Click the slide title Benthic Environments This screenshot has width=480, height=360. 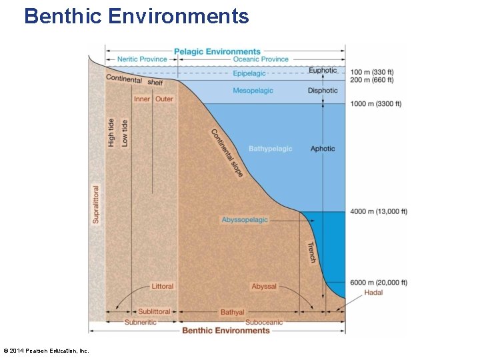136,15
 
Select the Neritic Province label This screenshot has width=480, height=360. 142,59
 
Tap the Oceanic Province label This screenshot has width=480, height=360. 261,59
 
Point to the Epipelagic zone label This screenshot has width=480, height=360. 249,73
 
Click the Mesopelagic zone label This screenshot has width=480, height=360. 253,91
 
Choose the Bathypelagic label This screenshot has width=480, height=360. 270,149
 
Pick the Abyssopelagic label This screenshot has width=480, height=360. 245,220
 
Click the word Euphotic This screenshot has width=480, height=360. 323,71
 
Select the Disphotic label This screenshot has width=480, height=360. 323,91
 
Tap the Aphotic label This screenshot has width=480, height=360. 323,149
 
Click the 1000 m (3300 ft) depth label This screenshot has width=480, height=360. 375,104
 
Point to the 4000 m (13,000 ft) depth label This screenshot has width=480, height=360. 379,211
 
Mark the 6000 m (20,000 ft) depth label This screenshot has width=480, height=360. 379,283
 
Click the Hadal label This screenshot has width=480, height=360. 373,293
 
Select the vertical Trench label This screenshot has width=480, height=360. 311,252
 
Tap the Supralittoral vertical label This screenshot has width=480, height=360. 96,205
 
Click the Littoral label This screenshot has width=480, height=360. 163,287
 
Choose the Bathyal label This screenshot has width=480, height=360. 232,312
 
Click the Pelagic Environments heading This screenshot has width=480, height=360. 217,51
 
